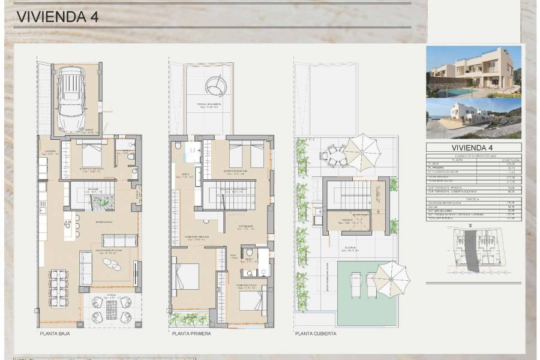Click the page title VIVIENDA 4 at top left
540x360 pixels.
[49, 17]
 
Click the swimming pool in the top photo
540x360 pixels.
[461, 91]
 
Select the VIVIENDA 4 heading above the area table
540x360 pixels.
[473, 148]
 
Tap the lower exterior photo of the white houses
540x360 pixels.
[473, 119]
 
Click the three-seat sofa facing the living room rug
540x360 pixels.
[119, 240]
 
